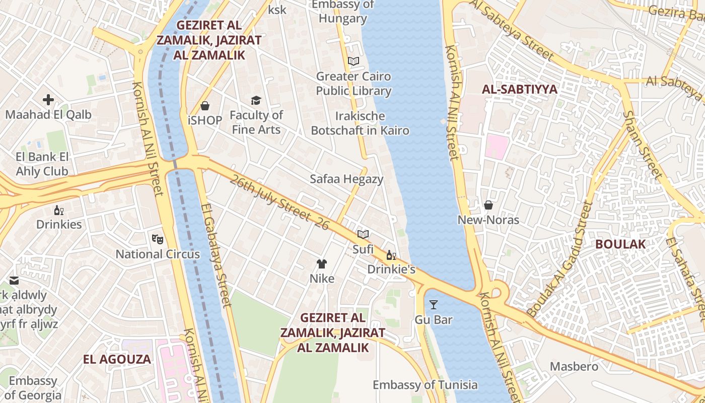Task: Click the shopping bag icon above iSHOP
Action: [205, 106]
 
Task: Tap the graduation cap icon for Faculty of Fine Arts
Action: [256, 100]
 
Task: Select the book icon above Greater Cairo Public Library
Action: [354, 61]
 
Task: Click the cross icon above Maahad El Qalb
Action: [48, 100]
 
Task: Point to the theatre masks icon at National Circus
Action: [158, 239]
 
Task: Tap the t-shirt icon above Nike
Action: [322, 263]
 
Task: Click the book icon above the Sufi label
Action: [363, 234]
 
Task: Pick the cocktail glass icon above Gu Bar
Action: [433, 304]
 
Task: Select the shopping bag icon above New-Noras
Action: [488, 205]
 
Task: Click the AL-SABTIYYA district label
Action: [520, 90]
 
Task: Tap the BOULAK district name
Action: [620, 244]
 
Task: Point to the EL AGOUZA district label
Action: [117, 359]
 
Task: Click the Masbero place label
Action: [574, 366]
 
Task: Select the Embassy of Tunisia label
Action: [425, 385]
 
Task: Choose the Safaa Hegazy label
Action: [346, 179]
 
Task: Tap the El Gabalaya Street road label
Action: [217, 254]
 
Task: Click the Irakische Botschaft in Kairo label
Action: [360, 123]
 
